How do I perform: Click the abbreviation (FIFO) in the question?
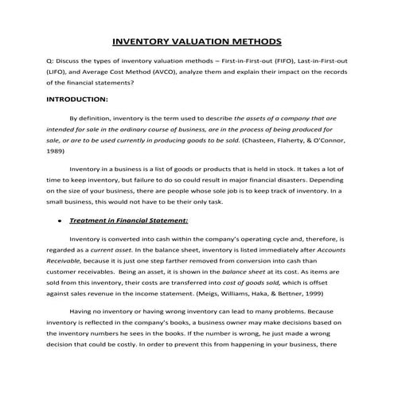308,60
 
